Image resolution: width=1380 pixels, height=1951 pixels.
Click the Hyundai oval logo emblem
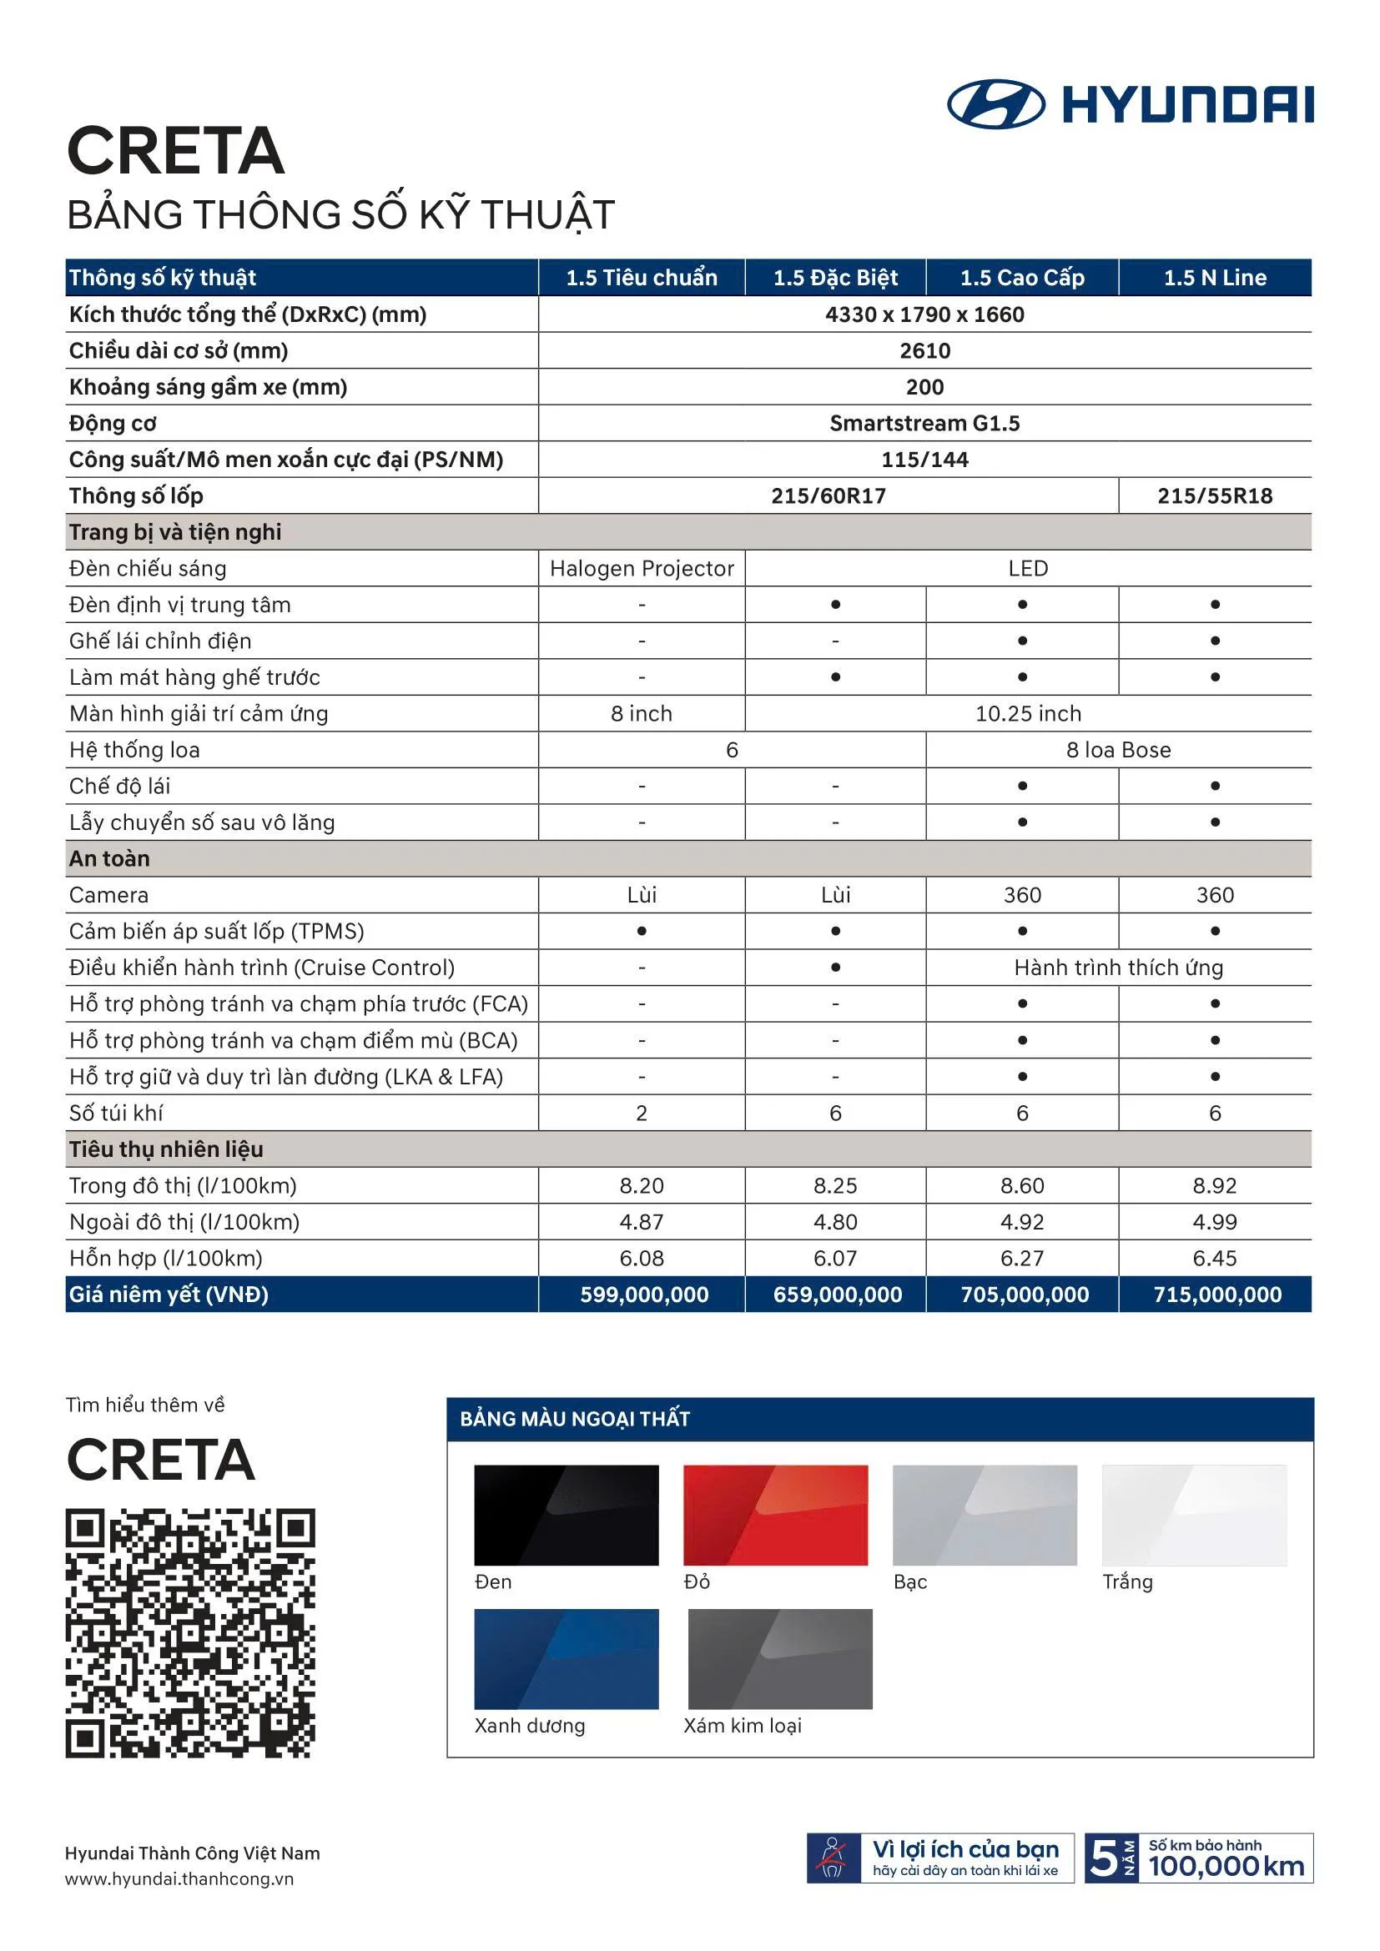[995, 104]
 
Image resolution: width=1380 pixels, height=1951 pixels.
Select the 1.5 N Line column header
[1214, 278]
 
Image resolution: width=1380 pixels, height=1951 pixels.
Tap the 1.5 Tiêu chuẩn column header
[642, 278]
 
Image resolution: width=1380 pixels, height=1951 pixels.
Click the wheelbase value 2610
[924, 351]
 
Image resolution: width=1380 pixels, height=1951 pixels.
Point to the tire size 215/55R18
[1214, 496]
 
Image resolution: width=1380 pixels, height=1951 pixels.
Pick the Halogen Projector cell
[642, 569]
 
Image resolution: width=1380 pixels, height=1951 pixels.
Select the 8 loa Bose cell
[1118, 751]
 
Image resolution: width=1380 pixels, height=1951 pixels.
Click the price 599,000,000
[644, 1295]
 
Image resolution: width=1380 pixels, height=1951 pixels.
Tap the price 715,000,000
[1216, 1295]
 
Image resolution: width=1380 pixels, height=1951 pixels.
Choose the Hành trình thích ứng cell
[1118, 968]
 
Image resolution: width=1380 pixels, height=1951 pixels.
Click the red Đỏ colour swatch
[775, 1515]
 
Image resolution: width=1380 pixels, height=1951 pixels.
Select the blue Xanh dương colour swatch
[566, 1659]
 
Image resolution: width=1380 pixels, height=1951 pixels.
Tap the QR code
[190, 1632]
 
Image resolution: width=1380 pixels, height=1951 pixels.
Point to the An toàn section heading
[109, 859]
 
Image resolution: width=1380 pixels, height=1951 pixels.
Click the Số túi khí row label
[116, 1114]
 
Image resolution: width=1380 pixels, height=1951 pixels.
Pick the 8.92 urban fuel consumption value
[1214, 1186]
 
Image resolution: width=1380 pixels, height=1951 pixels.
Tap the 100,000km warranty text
[1226, 1866]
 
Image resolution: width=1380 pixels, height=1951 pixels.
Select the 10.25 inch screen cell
[1028, 714]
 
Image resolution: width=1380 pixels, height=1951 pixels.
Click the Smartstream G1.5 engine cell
[924, 423]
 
